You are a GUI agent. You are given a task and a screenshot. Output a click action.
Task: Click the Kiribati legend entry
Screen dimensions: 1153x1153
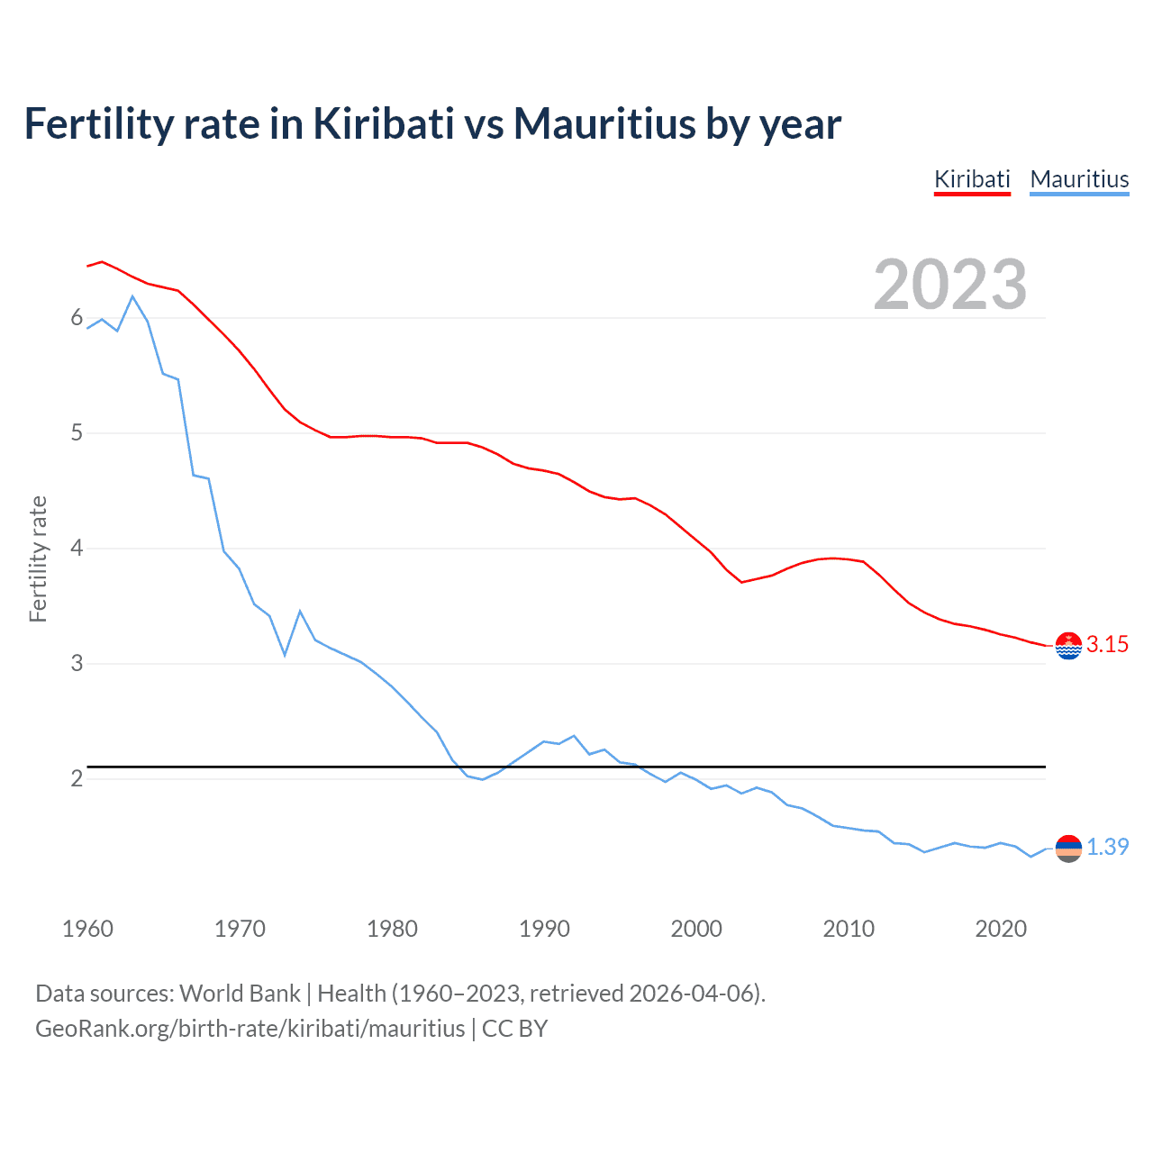point(972,179)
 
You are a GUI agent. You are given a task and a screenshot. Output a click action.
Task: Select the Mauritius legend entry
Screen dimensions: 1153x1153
point(1079,179)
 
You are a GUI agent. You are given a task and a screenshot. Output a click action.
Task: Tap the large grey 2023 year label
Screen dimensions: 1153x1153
point(950,285)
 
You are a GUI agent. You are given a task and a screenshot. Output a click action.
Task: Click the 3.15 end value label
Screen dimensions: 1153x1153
point(1107,645)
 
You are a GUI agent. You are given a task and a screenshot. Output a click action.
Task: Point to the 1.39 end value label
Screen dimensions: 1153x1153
point(1107,848)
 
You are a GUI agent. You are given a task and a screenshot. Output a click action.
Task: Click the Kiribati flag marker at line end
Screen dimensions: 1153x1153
point(1068,646)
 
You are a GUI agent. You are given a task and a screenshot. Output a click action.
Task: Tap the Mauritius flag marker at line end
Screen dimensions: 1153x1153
point(1068,849)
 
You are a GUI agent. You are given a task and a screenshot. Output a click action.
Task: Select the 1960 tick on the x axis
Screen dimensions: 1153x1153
point(87,929)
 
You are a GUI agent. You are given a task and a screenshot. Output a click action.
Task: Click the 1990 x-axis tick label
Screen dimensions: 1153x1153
point(544,929)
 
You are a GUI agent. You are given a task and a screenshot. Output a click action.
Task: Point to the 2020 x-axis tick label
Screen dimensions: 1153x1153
point(1001,929)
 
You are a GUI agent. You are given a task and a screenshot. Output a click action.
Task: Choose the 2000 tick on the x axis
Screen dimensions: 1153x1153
point(696,929)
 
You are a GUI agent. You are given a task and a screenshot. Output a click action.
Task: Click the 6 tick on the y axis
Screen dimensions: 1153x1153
point(77,318)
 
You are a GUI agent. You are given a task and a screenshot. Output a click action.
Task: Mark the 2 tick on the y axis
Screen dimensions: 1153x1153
point(77,778)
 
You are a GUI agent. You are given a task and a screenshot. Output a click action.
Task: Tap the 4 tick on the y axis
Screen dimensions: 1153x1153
point(77,548)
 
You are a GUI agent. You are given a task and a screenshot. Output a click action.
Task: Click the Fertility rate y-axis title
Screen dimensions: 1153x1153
point(38,558)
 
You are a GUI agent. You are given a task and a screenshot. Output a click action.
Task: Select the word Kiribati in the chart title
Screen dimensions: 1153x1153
point(383,123)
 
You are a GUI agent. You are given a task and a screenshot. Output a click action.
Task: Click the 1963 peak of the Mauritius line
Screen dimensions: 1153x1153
point(132,296)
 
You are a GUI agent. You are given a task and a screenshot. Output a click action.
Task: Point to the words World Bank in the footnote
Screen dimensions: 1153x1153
point(240,994)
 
